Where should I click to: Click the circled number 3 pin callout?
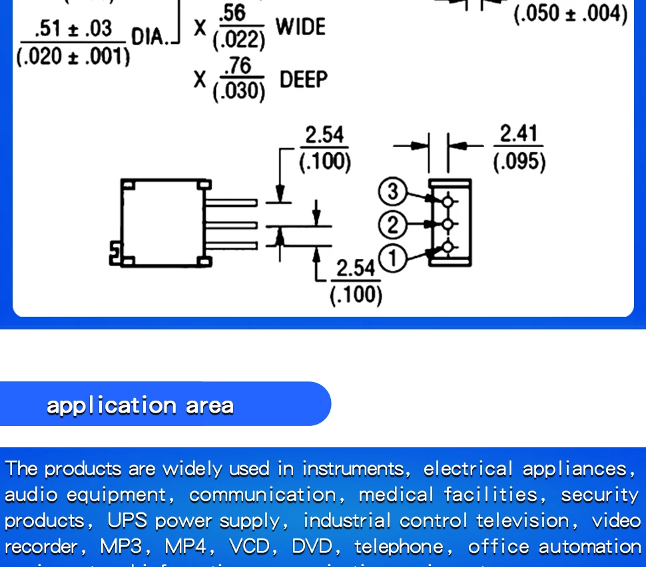coord(392,192)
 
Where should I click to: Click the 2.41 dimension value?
coord(518,134)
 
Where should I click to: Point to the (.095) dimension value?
coord(519,162)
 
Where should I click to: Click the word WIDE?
coord(300,27)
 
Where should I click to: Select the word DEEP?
coord(304,80)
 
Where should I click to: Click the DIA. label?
coord(148,36)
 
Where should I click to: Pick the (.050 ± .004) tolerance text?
coord(570,13)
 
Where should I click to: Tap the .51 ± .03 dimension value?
coord(73,29)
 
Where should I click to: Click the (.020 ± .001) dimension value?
coord(73,56)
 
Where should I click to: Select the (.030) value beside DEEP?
coord(238,91)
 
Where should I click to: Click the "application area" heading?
coord(140,405)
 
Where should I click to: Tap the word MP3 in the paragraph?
coord(121,547)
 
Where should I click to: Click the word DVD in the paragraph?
coord(312,547)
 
